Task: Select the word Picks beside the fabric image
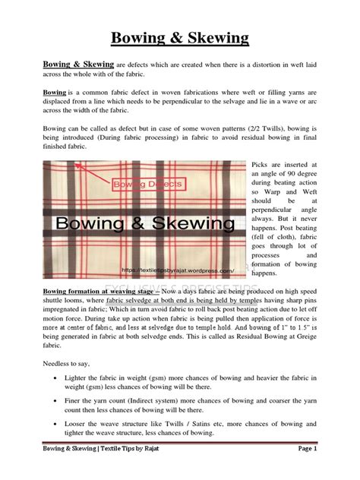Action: coord(262,164)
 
